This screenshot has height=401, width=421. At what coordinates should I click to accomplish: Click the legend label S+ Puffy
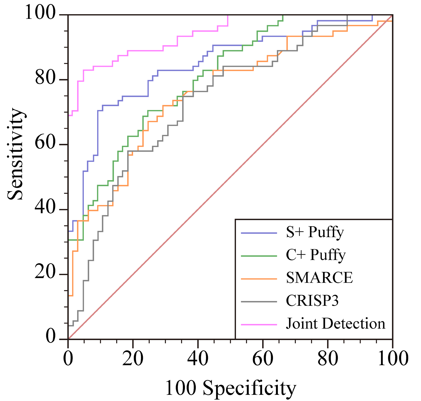point(315,233)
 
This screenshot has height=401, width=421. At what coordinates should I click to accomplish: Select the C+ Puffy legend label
point(316,255)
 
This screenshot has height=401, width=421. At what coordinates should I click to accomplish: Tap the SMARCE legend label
point(319,278)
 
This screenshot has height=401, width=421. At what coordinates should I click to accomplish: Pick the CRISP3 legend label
point(312,301)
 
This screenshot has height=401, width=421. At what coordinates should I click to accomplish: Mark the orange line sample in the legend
point(259,279)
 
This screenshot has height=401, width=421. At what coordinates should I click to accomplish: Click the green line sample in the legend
point(259,256)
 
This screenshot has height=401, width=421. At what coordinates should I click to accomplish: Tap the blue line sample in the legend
point(259,233)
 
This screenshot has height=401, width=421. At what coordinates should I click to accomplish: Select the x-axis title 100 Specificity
point(231,388)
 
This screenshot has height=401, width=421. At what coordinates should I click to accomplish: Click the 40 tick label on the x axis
point(198,359)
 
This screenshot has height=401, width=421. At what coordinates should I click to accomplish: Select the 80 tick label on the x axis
point(328,359)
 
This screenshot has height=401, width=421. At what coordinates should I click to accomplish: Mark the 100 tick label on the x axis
point(393,359)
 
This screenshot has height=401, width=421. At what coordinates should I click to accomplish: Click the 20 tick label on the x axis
point(133,359)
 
